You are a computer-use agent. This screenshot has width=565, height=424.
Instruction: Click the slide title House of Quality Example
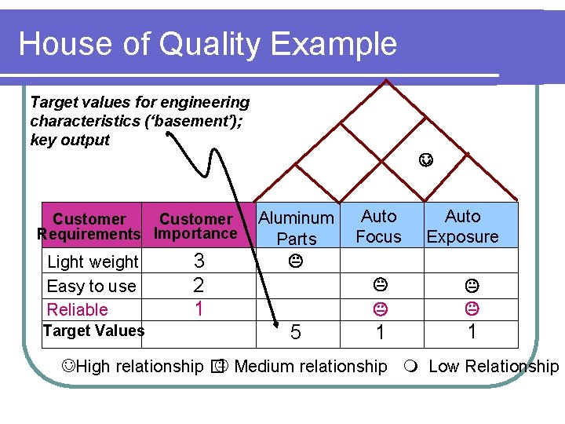[207, 44]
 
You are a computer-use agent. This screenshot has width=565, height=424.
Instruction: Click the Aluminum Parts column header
[297, 228]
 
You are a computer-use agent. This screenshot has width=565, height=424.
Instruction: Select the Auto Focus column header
[378, 226]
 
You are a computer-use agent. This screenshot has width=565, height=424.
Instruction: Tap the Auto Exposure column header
[462, 226]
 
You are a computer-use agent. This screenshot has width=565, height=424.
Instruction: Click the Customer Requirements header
[89, 226]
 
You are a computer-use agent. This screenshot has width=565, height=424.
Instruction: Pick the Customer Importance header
[195, 226]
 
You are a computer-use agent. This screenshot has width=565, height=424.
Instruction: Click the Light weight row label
[93, 261]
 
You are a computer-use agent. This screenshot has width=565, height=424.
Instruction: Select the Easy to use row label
[91, 286]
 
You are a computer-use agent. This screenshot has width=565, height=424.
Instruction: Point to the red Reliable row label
[78, 309]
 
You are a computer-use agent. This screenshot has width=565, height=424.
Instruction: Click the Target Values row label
[93, 331]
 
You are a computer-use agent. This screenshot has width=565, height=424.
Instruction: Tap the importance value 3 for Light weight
[199, 261]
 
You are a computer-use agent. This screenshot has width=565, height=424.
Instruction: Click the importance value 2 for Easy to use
[199, 284]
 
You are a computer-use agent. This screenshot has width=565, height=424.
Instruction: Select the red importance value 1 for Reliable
[199, 309]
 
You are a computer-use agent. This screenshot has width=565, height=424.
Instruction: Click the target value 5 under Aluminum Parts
[296, 333]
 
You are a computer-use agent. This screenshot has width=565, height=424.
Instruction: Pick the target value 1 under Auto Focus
[380, 333]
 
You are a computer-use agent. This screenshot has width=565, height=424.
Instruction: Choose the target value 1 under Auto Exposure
[472, 331]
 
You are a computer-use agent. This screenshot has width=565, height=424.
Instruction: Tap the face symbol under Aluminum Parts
[296, 258]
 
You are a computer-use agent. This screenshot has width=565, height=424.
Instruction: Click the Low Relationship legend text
[494, 367]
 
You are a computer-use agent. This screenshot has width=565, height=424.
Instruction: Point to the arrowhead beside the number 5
[276, 323]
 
